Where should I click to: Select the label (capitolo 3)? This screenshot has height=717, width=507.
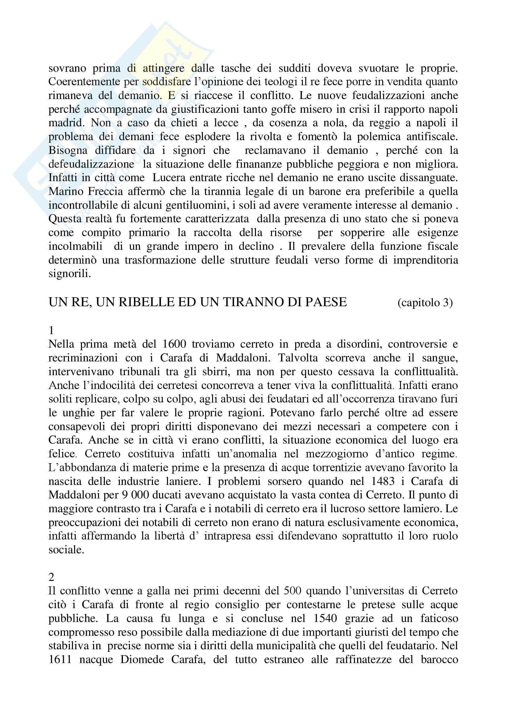coord(425,303)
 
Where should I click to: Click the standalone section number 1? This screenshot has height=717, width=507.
coord(51,330)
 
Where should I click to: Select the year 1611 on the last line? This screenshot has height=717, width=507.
coord(60,660)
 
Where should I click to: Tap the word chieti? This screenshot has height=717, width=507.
coord(184,123)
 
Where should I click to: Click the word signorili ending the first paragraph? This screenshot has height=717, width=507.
coord(70,274)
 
